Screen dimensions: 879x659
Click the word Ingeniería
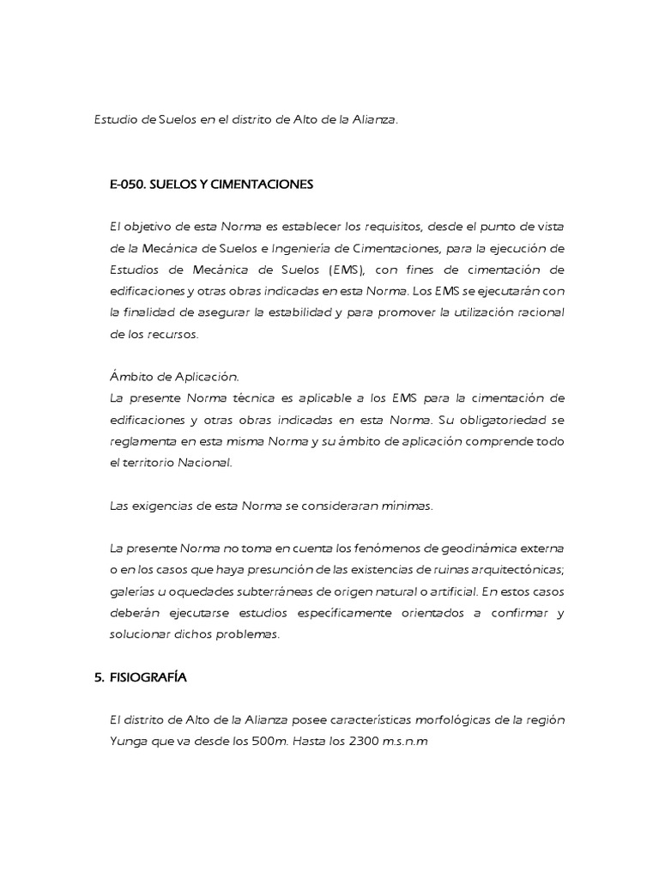click(x=305, y=248)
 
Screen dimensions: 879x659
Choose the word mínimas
click(x=405, y=506)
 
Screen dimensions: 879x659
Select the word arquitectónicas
click(x=506, y=570)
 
